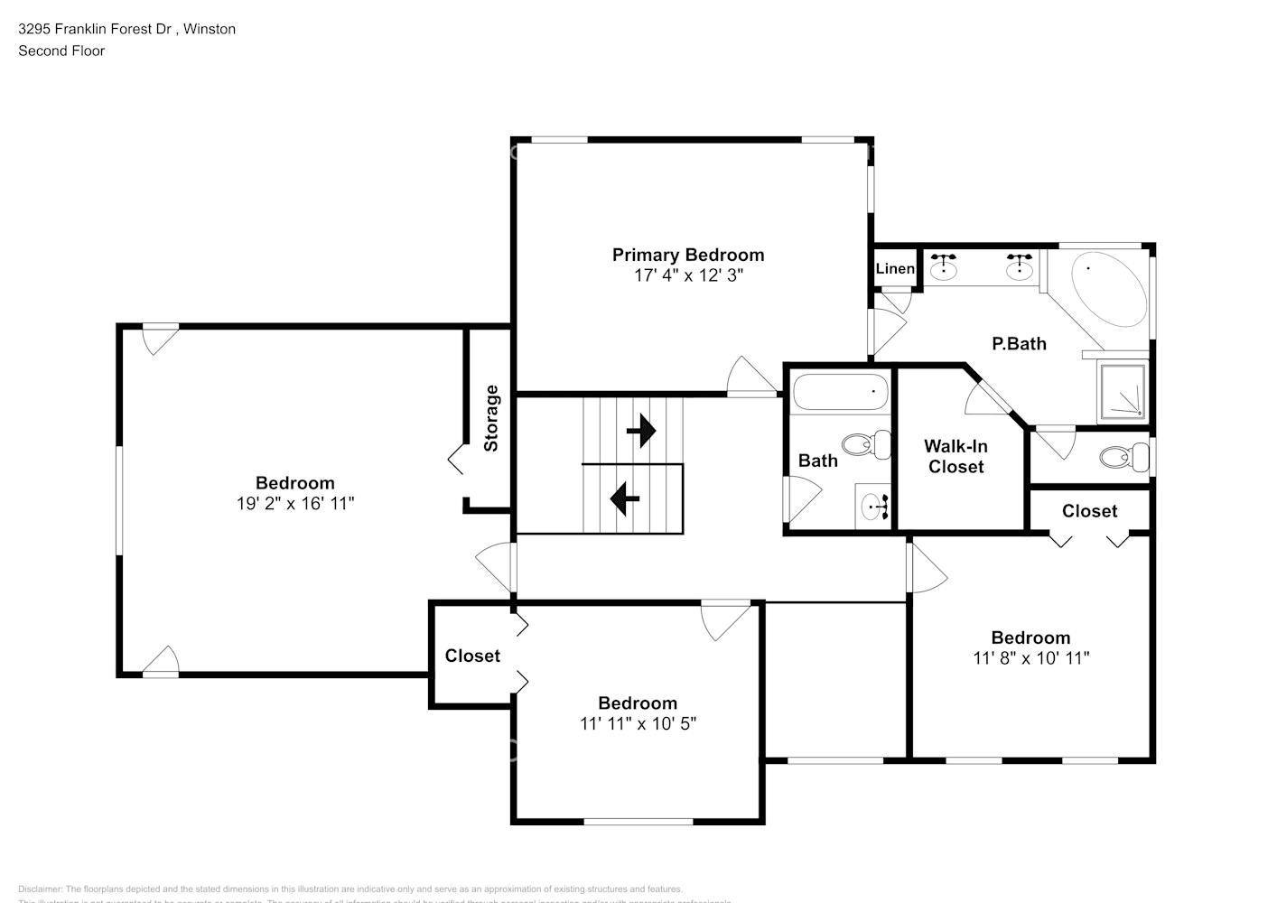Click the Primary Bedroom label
pos(688,255)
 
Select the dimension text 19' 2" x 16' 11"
pos(295,504)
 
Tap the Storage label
pos(491,418)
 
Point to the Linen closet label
pos(895,268)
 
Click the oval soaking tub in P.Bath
pos(1107,290)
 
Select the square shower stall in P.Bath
pos(1123,392)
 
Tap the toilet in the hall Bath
pos(865,444)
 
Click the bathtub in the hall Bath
pos(840,393)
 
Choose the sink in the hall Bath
pos(872,507)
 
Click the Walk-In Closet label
pos(955,456)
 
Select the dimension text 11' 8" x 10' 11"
pos(1030,658)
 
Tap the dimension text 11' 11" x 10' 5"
pos(638,723)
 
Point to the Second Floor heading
pos(61,51)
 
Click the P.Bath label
pos(1019,343)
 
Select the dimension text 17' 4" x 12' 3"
pos(688,275)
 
